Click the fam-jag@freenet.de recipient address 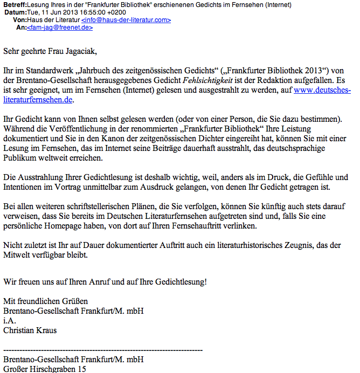[60, 27]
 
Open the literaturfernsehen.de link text [37, 99]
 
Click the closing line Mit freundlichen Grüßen [45, 301]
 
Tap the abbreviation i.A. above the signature [9, 321]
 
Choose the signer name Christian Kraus [30, 330]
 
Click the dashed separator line [102, 349]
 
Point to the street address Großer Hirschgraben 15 [44, 369]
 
